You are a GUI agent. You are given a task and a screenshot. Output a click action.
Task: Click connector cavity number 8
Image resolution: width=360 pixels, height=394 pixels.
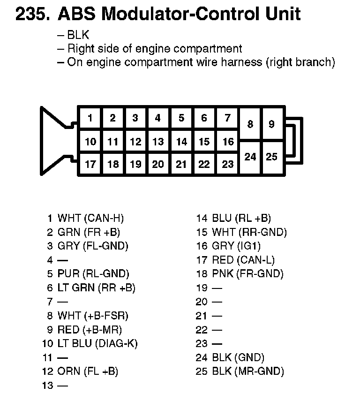pyautogui.click(x=250, y=124)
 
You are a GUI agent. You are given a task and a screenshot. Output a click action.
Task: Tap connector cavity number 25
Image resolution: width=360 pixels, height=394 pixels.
pyautogui.click(x=272, y=157)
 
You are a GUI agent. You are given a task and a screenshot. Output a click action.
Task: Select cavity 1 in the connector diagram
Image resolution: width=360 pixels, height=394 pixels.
pyautogui.click(x=90, y=118)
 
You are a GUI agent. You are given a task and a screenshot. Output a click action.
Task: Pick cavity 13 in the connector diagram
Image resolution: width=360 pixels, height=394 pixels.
pyautogui.click(x=158, y=141)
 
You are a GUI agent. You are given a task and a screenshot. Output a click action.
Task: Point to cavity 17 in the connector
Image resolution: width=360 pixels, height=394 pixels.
pyautogui.click(x=90, y=164)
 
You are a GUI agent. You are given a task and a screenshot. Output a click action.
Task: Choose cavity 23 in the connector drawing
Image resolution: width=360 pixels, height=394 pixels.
pyautogui.click(x=227, y=164)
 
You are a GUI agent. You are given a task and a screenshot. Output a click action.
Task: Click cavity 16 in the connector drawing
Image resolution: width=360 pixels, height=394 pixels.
pyautogui.click(x=227, y=141)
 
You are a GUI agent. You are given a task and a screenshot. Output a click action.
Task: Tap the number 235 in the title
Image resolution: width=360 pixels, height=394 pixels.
pyautogui.click(x=32, y=15)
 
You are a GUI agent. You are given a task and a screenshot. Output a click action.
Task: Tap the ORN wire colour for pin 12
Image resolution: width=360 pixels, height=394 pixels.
pyautogui.click(x=69, y=371)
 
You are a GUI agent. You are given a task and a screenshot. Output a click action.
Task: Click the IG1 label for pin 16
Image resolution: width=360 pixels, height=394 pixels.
pyautogui.click(x=250, y=246)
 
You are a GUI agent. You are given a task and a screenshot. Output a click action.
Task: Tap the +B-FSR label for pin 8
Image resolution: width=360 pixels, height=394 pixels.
pyautogui.click(x=106, y=316)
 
